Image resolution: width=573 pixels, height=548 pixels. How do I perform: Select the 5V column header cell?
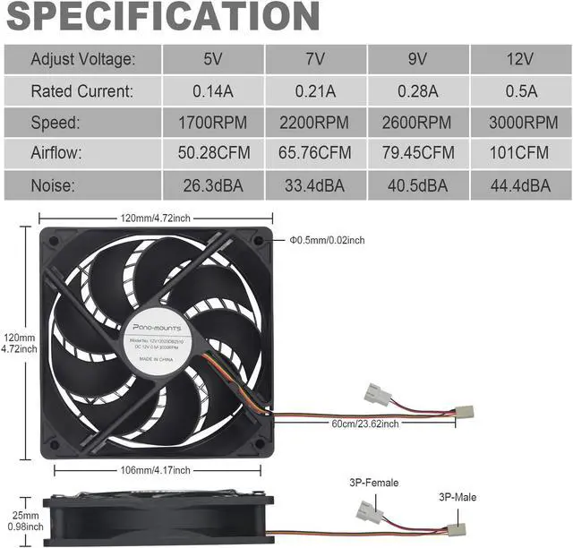(213, 59)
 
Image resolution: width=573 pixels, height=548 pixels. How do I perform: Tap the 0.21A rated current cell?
(316, 90)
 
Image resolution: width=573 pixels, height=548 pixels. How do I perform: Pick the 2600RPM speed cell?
(419, 122)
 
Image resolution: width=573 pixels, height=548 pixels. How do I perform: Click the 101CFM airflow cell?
(520, 153)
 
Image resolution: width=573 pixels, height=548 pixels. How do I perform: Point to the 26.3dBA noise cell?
(213, 185)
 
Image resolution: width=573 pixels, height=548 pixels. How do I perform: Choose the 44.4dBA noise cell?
(520, 185)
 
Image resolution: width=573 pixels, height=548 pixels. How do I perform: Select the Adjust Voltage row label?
(82, 59)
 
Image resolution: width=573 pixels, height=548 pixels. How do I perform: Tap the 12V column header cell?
(520, 59)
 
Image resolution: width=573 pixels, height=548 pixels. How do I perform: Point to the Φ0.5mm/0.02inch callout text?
(327, 240)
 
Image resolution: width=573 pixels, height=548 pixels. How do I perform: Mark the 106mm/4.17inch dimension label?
(157, 469)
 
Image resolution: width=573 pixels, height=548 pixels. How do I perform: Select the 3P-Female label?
(373, 484)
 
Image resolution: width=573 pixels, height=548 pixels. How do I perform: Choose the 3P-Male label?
(458, 496)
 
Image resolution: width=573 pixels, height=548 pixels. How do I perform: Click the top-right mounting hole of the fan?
(259, 240)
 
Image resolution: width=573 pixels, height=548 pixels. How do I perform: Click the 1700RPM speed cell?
(213, 122)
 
